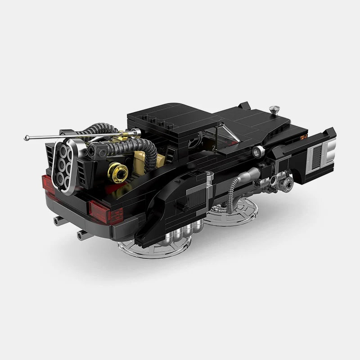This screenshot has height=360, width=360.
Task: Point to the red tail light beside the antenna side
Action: pos(48,185)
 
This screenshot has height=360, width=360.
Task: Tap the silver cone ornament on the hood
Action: pos(274,109)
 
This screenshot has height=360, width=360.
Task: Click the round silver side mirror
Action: pos(257,151)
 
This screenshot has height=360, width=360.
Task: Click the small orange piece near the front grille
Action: pos(303,137)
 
